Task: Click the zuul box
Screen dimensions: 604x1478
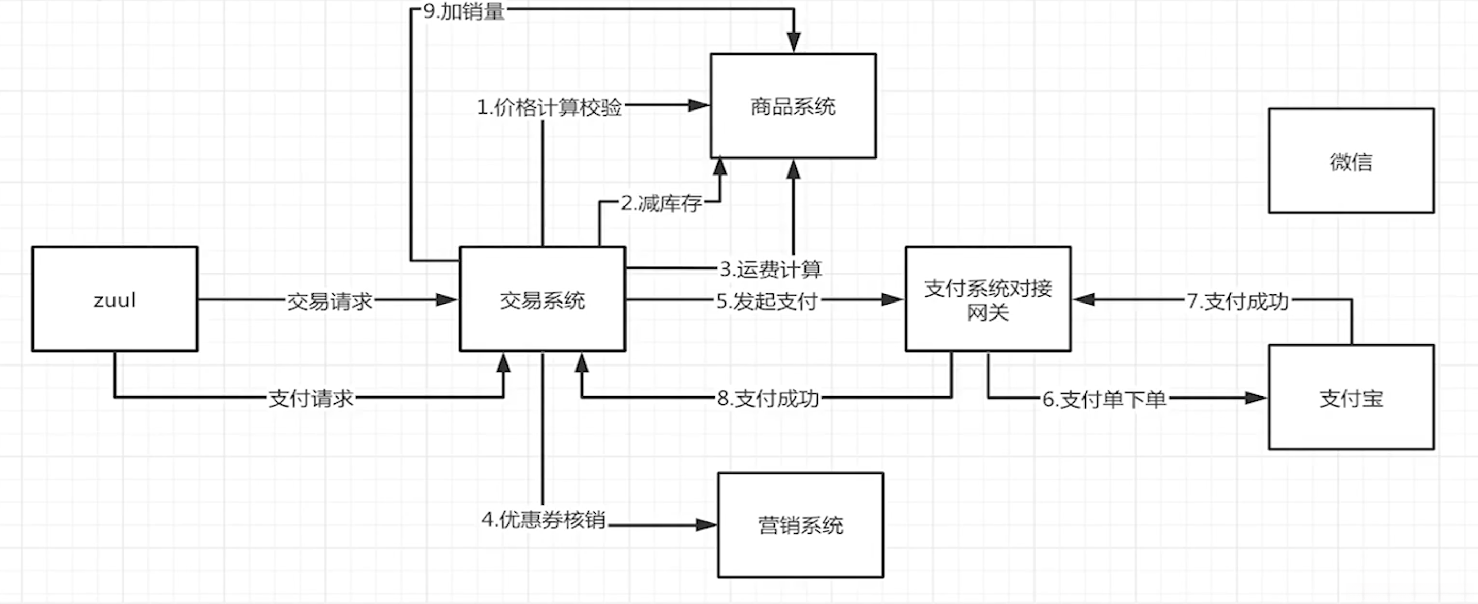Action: pyautogui.click(x=115, y=299)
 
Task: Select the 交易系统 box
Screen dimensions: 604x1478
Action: pyautogui.click(x=542, y=299)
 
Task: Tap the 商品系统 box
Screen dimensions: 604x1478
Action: pyautogui.click(x=793, y=106)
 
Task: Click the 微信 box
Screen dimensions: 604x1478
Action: pyautogui.click(x=1351, y=161)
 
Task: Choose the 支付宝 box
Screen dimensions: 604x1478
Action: pyautogui.click(x=1351, y=398)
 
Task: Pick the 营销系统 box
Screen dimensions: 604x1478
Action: pyautogui.click(x=800, y=525)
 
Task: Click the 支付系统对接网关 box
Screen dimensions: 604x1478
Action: pyautogui.click(x=988, y=299)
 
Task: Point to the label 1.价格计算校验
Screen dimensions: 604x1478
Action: pyautogui.click(x=550, y=107)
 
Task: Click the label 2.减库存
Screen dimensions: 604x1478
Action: pyautogui.click(x=661, y=203)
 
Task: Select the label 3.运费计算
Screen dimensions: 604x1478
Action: pyautogui.click(x=770, y=268)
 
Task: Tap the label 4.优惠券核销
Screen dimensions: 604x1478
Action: pyautogui.click(x=544, y=519)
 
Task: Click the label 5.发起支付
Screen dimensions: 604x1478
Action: pyautogui.click(x=766, y=301)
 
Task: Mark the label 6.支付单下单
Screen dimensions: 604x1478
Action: pyautogui.click(x=1104, y=399)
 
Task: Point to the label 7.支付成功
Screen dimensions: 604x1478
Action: pyautogui.click(x=1238, y=301)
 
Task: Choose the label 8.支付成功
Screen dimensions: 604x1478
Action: pyautogui.click(x=768, y=398)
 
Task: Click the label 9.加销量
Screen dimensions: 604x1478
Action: pyautogui.click(x=464, y=11)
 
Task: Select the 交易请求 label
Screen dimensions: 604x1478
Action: pyautogui.click(x=330, y=301)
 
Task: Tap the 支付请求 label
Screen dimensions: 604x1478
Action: pyautogui.click(x=310, y=398)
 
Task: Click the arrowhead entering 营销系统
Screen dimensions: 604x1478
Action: pyautogui.click(x=707, y=525)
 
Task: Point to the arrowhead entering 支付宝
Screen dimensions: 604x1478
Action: pyautogui.click(x=1257, y=398)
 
